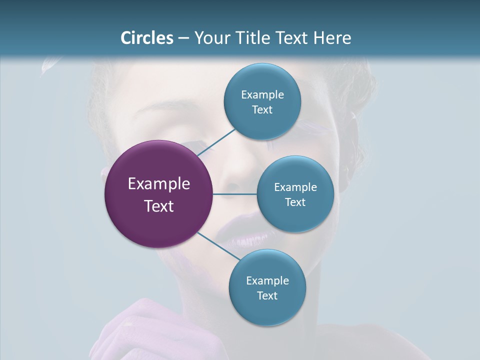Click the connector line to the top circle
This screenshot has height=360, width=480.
coord(216,141)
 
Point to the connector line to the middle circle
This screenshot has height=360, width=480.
coord(234,194)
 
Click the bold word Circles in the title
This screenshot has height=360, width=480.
coord(147,38)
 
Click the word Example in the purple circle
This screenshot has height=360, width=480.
coord(158,184)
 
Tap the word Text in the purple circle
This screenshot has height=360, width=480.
coord(158,206)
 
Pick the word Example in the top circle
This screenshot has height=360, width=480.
coord(262,95)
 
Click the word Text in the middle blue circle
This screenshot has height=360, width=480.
coord(295,202)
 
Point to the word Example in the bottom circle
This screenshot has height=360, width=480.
coord(267,280)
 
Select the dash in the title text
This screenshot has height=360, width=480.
coord(183,38)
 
